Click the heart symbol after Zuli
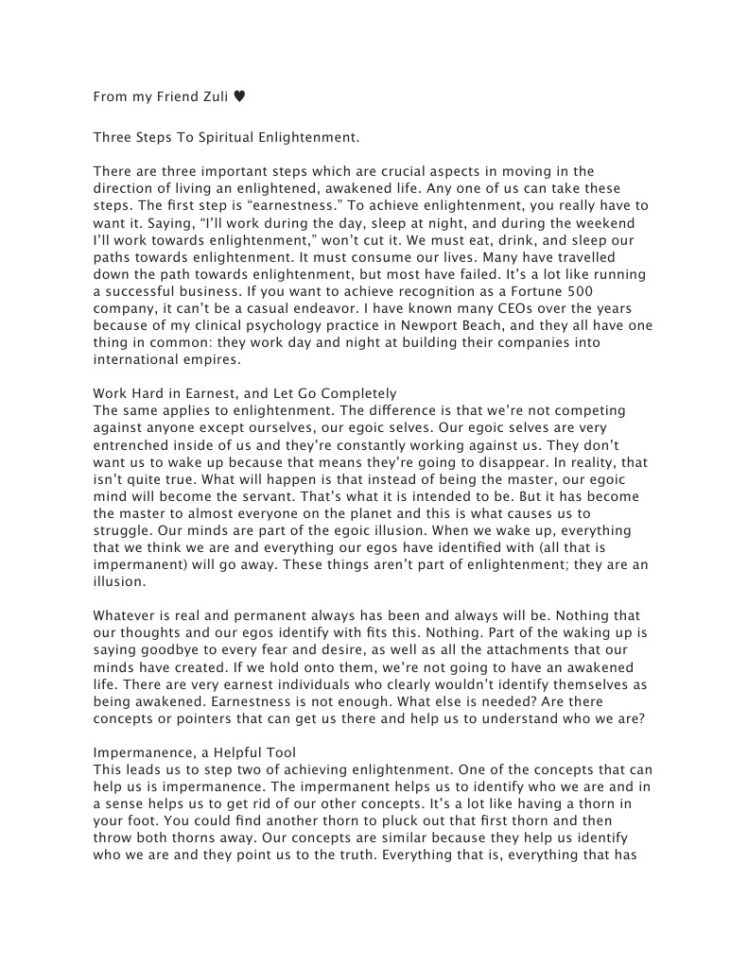coord(239,95)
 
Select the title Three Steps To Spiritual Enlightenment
coord(226,137)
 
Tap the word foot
coord(142,820)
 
